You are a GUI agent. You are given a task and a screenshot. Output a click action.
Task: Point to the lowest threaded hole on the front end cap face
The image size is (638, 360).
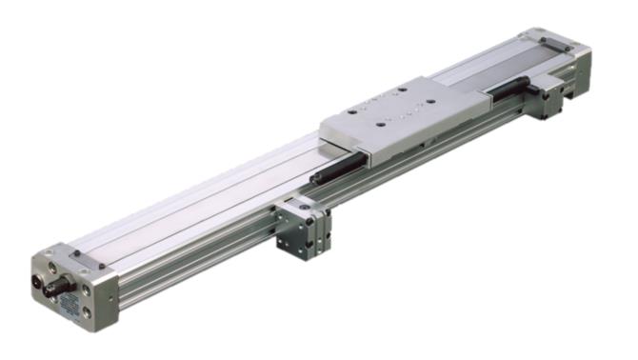[x=88, y=310]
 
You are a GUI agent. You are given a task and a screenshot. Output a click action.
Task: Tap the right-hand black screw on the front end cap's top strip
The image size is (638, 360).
[x=99, y=263]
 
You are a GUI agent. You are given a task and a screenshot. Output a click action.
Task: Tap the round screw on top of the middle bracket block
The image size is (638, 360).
[x=303, y=203]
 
